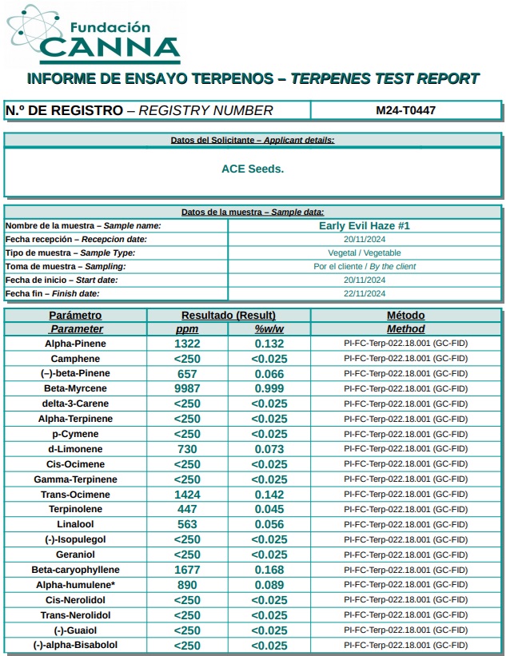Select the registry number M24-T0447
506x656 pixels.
[x=405, y=110]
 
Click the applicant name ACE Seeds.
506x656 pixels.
[x=253, y=169]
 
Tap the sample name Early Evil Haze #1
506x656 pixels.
[x=364, y=226]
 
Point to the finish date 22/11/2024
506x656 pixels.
[x=365, y=293]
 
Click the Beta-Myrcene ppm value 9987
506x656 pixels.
[x=186, y=388]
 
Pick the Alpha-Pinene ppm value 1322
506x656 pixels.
[x=186, y=344]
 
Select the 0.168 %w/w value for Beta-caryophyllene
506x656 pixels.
[x=269, y=570]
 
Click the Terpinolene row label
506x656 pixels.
[x=75, y=509]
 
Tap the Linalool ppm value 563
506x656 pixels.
[x=186, y=524]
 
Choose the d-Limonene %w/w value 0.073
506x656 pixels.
[x=269, y=449]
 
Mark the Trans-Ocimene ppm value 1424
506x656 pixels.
[x=186, y=495]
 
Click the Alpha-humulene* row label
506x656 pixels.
[x=75, y=585]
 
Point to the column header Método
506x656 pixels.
[x=405, y=316]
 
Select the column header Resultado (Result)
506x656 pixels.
[x=228, y=316]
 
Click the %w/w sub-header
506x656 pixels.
[x=269, y=329]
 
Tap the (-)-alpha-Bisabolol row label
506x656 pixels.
[x=75, y=645]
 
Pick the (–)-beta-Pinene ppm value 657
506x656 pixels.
[x=186, y=374]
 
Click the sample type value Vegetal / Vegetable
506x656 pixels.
[x=365, y=252]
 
